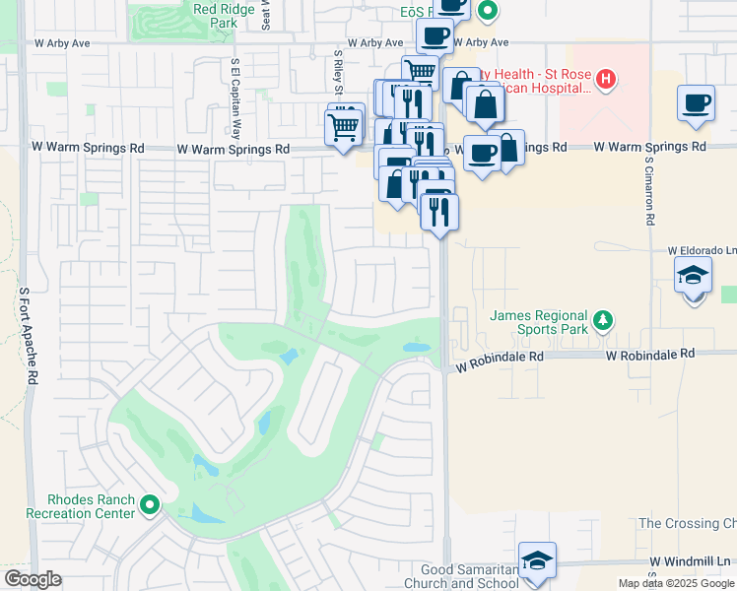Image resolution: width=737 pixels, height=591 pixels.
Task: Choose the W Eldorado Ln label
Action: coord(701,250)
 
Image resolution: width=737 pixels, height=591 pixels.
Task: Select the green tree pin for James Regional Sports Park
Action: coord(603,320)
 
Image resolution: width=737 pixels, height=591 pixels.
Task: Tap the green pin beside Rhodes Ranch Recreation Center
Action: coord(150,505)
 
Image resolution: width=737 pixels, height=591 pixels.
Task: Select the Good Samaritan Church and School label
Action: coord(469,576)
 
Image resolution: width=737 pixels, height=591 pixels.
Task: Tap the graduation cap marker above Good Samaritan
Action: coord(536,560)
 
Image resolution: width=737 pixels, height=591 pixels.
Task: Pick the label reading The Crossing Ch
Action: coord(687,523)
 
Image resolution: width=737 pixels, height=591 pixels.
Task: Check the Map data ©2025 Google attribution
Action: coord(676,583)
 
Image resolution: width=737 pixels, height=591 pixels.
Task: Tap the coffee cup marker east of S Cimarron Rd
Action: coord(696,102)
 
